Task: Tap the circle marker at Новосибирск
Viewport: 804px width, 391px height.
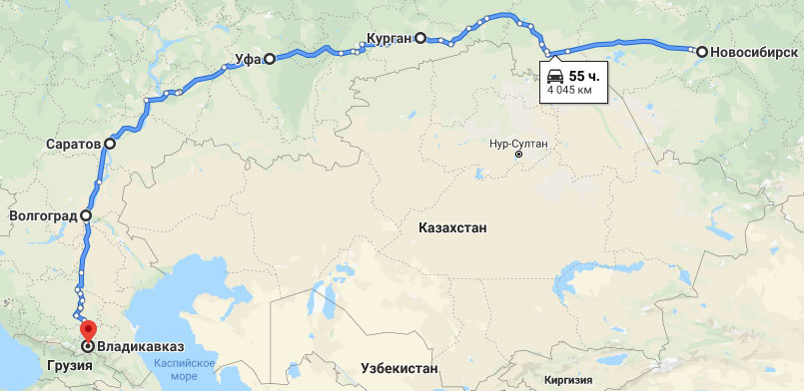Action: click(702, 51)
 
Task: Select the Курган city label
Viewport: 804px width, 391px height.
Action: click(389, 38)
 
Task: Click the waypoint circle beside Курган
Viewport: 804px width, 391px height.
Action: click(420, 38)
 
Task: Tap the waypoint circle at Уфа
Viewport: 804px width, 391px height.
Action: click(269, 59)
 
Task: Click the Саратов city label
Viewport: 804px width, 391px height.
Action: click(73, 144)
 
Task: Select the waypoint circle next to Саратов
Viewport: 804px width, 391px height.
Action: click(109, 144)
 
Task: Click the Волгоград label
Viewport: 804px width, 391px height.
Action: click(43, 214)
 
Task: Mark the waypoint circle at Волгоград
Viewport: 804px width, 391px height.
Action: click(86, 214)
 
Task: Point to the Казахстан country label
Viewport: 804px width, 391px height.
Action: click(452, 228)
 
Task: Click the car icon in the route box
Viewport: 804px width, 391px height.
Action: click(555, 75)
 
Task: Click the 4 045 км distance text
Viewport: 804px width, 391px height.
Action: click(570, 91)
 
